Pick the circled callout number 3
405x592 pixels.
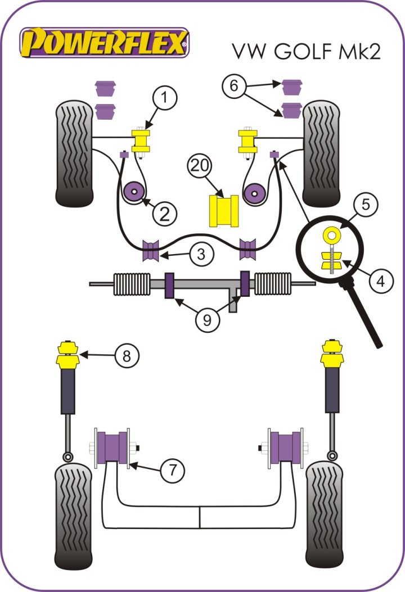click(201, 255)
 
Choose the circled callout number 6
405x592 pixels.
click(235, 86)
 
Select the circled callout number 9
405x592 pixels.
click(208, 320)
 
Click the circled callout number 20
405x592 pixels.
click(200, 168)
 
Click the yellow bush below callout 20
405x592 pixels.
click(224, 210)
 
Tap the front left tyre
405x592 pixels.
click(75, 153)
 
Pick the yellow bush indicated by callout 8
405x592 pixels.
click(67, 355)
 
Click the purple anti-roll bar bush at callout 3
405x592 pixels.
click(151, 251)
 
